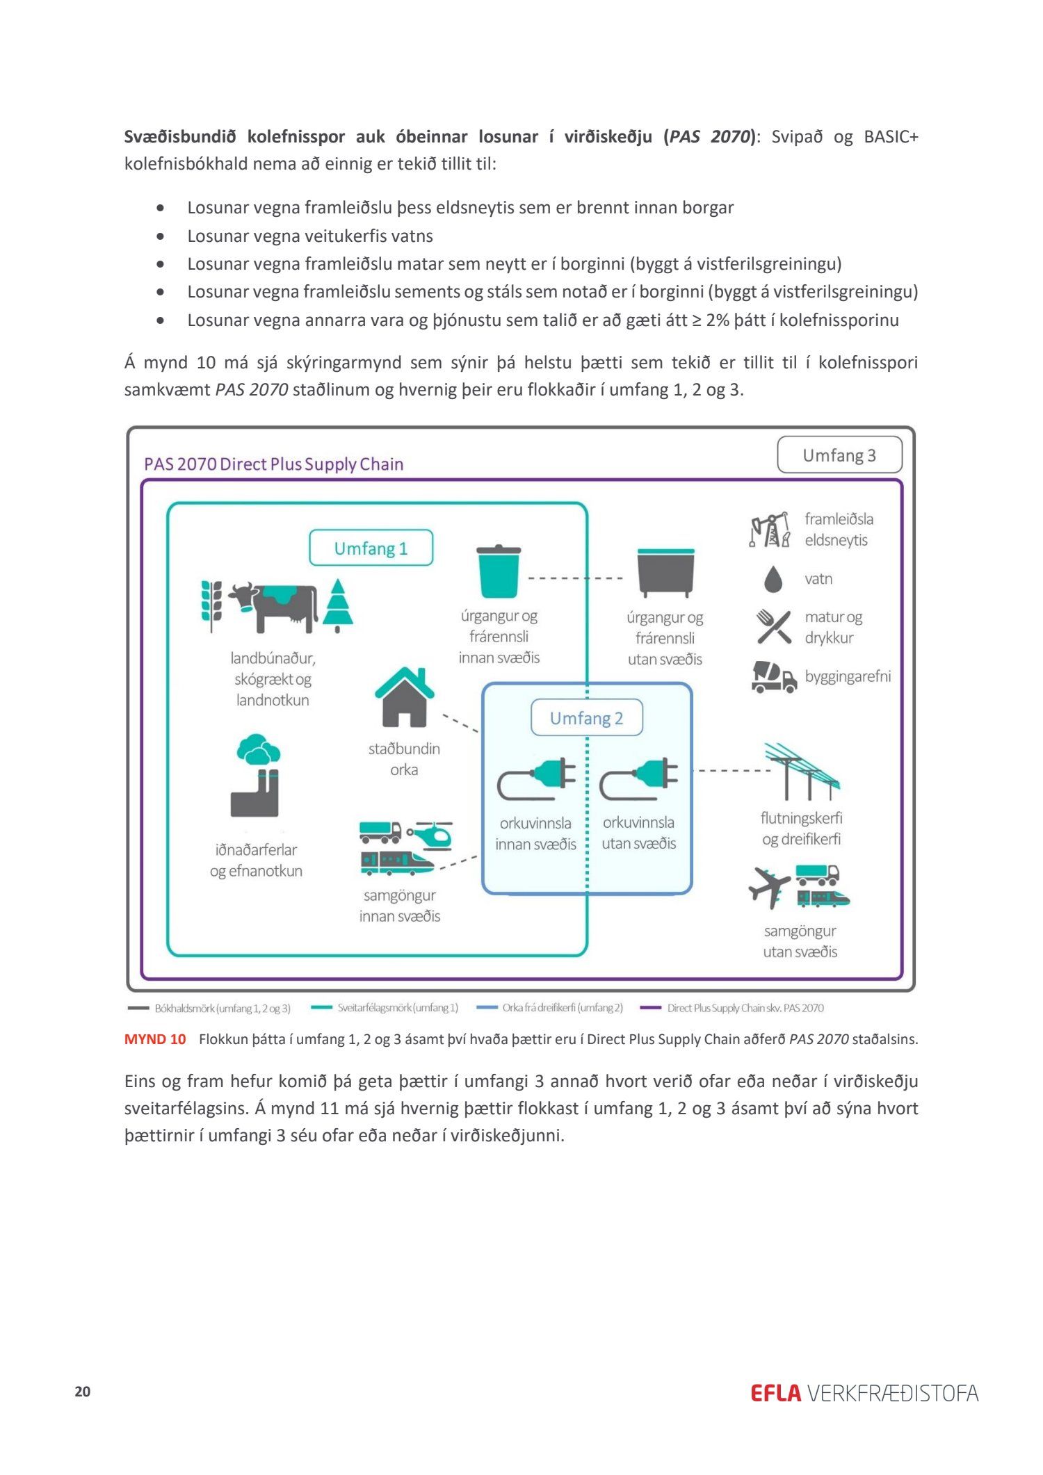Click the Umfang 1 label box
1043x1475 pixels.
pos(371,548)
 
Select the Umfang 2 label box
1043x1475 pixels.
pos(586,718)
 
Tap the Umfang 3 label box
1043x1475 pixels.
pos(839,455)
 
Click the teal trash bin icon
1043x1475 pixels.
pos(499,571)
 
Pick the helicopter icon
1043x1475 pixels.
pos(430,835)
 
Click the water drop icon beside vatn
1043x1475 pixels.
pos(773,579)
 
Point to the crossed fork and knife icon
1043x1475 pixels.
pos(774,627)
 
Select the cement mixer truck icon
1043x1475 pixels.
pos(774,677)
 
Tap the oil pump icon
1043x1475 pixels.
pos(770,530)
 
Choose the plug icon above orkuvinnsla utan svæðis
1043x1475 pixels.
pos(639,779)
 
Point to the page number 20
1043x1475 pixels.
pos(83,1392)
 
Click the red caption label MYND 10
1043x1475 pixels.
pos(155,1039)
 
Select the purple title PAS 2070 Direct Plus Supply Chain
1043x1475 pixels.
pos(273,464)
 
